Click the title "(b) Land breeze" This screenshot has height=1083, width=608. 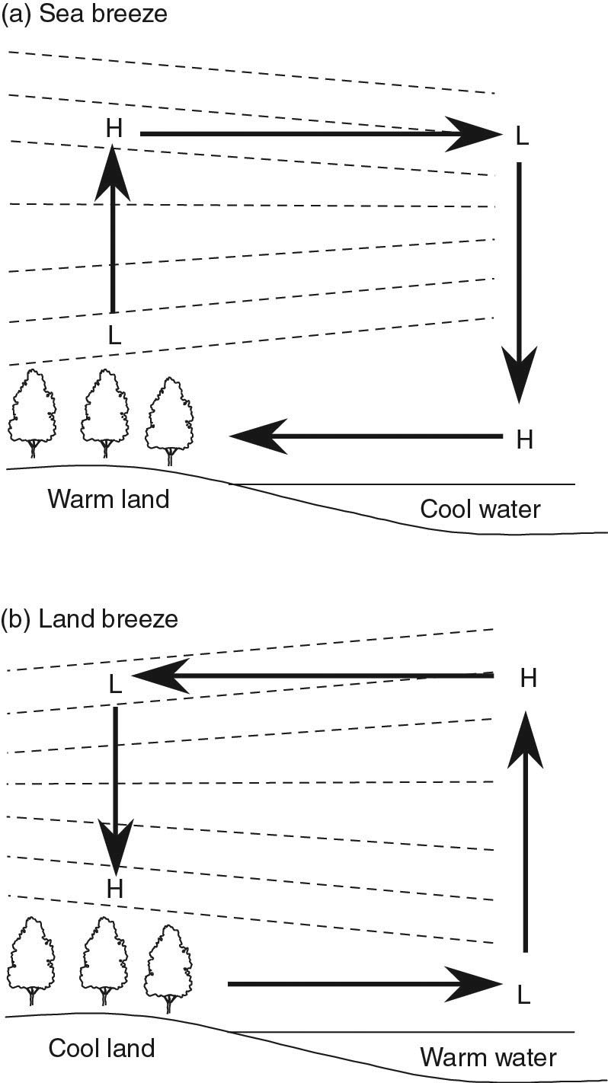tap(89, 618)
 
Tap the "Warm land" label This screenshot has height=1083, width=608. tap(108, 500)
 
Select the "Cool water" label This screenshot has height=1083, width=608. tap(480, 508)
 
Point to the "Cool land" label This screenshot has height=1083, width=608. tap(101, 1048)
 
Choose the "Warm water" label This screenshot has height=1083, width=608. tap(488, 1057)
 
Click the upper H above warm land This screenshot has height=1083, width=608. tap(114, 129)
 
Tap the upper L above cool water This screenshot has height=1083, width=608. tap(522, 137)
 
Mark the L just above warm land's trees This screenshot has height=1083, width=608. tap(114, 336)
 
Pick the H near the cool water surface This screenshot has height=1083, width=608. tap(524, 439)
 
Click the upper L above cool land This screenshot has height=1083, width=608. tap(114, 684)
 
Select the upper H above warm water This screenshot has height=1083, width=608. tap(528, 678)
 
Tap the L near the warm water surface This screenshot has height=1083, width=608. tap(523, 994)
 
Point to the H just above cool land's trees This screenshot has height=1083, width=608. tap(115, 888)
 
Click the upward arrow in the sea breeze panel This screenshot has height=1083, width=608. tap(113, 228)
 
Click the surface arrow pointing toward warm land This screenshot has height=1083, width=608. tap(366, 436)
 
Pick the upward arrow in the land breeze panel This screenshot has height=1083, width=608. tap(525, 830)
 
